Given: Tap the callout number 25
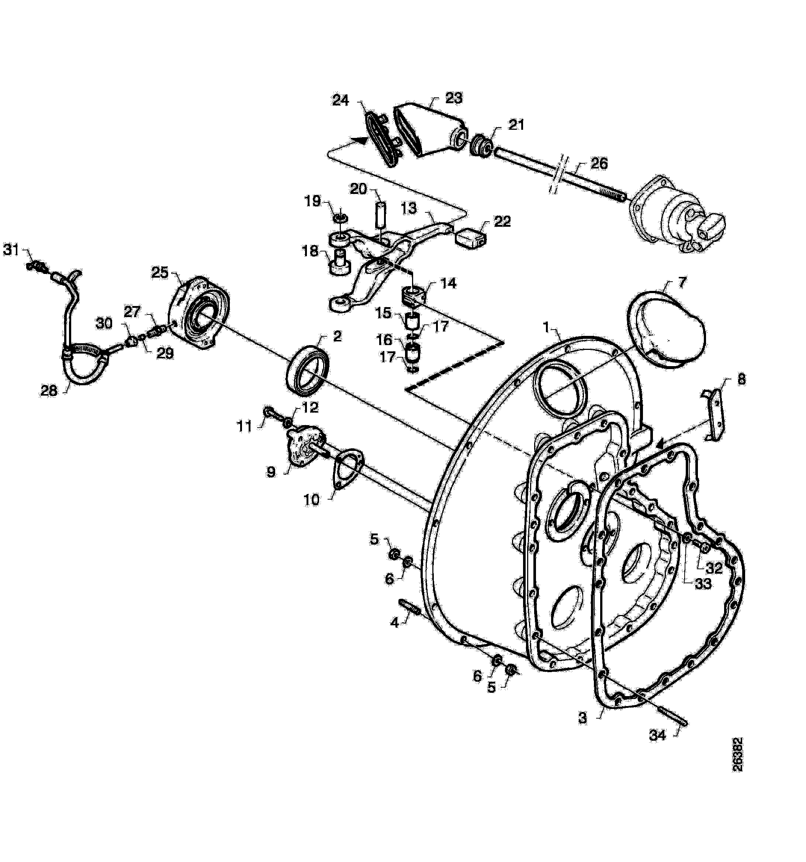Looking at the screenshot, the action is pyautogui.click(x=160, y=273).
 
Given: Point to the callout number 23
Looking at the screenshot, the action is pyautogui.click(x=454, y=98).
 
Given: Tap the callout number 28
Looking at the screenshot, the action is pyautogui.click(x=49, y=391).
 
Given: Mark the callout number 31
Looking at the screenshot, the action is pyautogui.click(x=11, y=249).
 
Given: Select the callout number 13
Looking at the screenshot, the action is pyautogui.click(x=408, y=209).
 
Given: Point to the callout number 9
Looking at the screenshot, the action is pyautogui.click(x=271, y=472).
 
